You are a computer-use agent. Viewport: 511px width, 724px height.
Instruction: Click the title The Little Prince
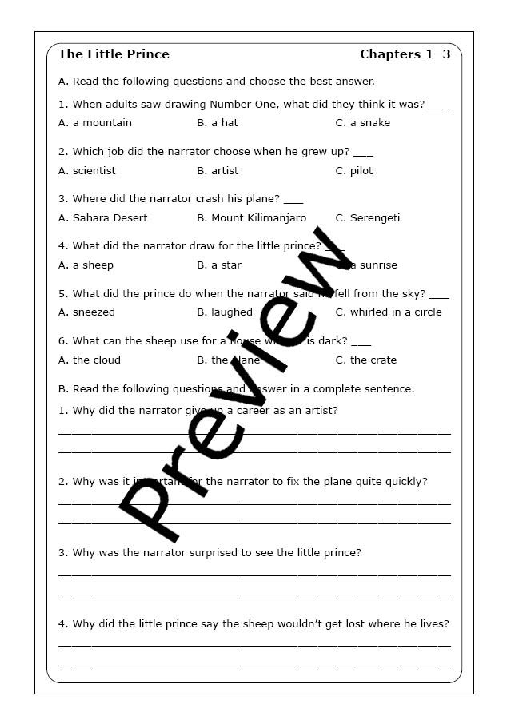click(x=114, y=54)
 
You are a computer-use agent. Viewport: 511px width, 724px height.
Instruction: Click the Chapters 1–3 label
click(x=405, y=54)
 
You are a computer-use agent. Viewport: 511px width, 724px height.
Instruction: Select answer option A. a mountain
click(x=95, y=123)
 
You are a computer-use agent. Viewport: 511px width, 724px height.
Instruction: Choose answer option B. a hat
click(x=218, y=123)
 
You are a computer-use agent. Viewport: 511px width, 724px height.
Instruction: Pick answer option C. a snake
click(x=363, y=123)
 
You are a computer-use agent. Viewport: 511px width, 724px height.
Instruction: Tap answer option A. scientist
click(x=87, y=170)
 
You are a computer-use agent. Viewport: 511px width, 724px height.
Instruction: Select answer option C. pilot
click(x=354, y=170)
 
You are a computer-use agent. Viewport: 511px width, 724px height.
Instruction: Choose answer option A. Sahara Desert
click(x=103, y=217)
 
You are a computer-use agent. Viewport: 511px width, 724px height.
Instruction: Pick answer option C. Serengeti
click(x=368, y=217)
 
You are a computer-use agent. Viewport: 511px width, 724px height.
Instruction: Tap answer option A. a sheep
click(x=86, y=265)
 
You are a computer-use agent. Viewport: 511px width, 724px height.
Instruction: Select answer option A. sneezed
click(x=87, y=312)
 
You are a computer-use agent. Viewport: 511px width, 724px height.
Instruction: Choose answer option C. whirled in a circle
click(x=389, y=312)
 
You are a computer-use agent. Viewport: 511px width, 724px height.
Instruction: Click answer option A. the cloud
click(x=90, y=360)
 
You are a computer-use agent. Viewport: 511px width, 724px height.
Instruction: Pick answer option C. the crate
click(x=366, y=360)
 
